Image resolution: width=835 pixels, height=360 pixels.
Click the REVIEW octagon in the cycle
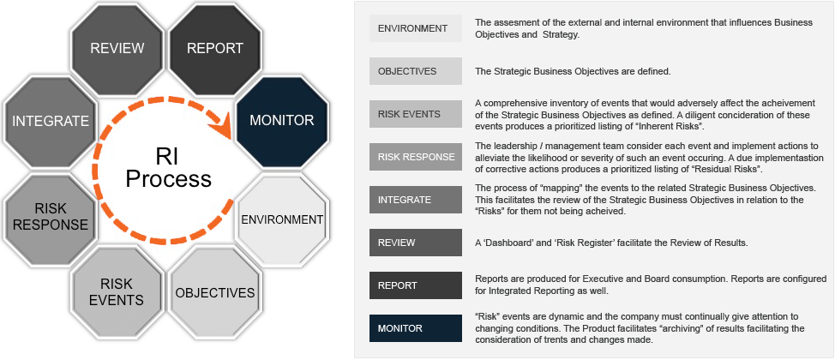click(117, 49)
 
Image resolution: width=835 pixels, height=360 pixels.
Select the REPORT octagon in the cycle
click(214, 49)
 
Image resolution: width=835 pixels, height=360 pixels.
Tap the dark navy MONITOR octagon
click(282, 120)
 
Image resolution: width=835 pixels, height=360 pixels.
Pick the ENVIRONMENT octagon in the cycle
click(282, 220)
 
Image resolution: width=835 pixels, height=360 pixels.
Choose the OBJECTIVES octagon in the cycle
click(214, 292)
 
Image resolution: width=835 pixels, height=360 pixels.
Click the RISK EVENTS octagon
click(117, 292)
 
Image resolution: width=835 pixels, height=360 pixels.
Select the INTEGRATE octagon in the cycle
click(51, 122)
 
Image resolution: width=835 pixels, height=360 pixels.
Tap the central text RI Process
click(168, 168)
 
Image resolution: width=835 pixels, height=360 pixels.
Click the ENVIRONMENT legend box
click(416, 28)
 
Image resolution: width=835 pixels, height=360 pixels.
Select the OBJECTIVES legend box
click(416, 71)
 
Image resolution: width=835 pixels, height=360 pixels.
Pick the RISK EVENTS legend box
click(416, 114)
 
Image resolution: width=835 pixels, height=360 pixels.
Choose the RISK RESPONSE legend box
click(416, 157)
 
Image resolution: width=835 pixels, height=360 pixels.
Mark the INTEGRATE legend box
click(416, 200)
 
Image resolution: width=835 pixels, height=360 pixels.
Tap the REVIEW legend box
click(416, 243)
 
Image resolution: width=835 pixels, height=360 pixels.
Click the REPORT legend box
click(416, 285)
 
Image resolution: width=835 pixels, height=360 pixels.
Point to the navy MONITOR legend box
click(416, 328)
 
